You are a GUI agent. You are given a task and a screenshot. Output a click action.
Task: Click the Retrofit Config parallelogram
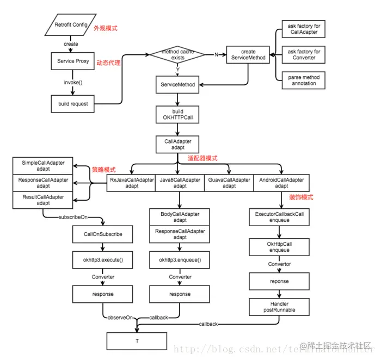tap(71, 25)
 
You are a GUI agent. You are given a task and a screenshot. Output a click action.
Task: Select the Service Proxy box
tap(73, 61)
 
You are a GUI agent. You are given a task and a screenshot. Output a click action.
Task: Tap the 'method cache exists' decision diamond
tap(177, 54)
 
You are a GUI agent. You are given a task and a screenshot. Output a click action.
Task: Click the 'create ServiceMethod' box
tap(248, 55)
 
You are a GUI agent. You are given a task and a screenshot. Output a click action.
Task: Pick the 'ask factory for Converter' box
tap(303, 55)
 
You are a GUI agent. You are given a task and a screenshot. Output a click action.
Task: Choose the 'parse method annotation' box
tap(303, 80)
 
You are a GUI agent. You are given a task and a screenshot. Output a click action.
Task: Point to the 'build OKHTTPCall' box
tap(178, 115)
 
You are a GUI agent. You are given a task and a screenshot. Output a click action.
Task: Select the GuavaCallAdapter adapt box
tap(229, 182)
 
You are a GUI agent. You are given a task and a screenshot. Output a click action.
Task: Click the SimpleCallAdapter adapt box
tap(43, 166)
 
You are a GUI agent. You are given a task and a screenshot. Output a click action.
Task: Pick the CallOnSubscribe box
tap(103, 234)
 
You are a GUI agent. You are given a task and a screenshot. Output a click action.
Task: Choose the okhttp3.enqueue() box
tap(180, 260)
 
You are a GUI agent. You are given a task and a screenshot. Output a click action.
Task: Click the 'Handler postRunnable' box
tap(279, 306)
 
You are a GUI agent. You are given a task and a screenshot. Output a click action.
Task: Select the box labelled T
tap(136, 340)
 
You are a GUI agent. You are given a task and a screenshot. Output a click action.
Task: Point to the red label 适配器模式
tap(202, 158)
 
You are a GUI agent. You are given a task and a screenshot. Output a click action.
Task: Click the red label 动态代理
tap(109, 63)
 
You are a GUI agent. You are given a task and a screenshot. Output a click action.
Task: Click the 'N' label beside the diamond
tap(216, 54)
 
